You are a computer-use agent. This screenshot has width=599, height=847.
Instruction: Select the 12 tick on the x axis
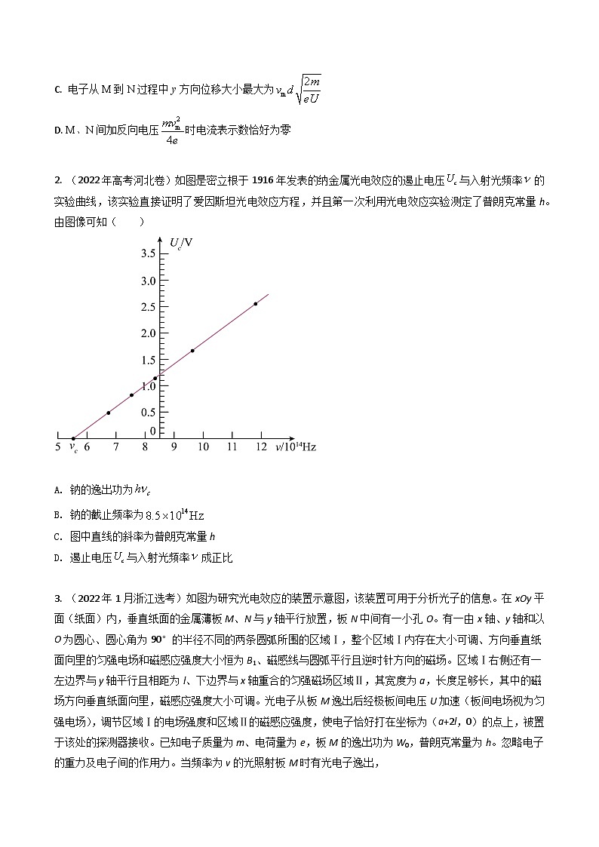(x=261, y=447)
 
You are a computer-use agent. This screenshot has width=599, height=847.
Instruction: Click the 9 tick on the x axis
(x=174, y=447)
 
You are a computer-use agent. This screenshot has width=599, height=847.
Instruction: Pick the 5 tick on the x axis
(x=59, y=447)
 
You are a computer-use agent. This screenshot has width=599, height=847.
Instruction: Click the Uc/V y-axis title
(x=180, y=242)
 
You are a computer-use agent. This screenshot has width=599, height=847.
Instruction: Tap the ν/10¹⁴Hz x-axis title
(x=296, y=447)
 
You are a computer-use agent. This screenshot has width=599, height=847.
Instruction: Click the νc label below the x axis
(x=73, y=449)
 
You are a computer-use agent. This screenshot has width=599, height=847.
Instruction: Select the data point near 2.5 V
(x=255, y=304)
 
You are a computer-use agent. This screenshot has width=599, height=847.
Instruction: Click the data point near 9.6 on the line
(x=192, y=351)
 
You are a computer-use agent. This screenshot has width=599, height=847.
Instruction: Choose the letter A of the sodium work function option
(x=57, y=490)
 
